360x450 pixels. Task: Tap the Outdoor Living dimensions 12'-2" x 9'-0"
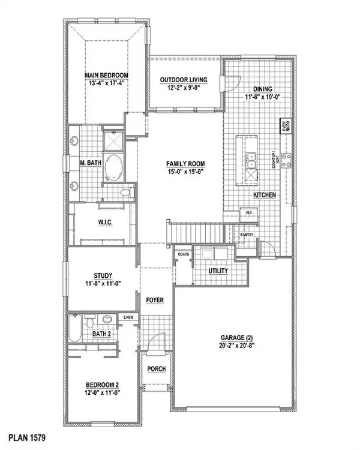click(183, 88)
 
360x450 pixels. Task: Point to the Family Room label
click(185, 163)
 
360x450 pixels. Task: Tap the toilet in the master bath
click(126, 193)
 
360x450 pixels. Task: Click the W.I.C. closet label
click(106, 224)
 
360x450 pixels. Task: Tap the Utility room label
click(218, 271)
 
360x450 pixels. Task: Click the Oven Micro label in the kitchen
click(285, 127)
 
